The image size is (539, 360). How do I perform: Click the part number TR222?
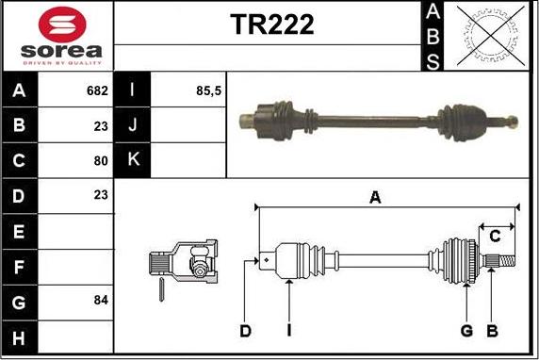pyautogui.click(x=271, y=25)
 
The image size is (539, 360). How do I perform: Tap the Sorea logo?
pyautogui.click(x=57, y=36)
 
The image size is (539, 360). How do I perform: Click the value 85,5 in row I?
pyautogui.click(x=207, y=91)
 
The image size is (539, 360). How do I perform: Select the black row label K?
pyautogui.click(x=132, y=159)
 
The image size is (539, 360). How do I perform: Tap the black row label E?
pyautogui.click(x=20, y=230)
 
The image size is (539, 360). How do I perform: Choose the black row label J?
pyautogui.click(x=132, y=125)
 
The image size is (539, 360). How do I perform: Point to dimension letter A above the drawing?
pyautogui.click(x=375, y=197)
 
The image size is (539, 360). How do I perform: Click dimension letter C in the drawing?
pyautogui.click(x=494, y=237)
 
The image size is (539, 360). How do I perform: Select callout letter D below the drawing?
pyautogui.click(x=245, y=331)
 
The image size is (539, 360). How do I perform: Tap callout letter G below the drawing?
pyautogui.click(x=466, y=331)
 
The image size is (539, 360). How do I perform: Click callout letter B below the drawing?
pyautogui.click(x=491, y=331)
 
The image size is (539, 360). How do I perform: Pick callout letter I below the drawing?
pyautogui.click(x=288, y=331)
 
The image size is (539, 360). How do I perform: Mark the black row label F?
pyautogui.click(x=20, y=266)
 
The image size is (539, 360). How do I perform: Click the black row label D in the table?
pyautogui.click(x=20, y=195)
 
